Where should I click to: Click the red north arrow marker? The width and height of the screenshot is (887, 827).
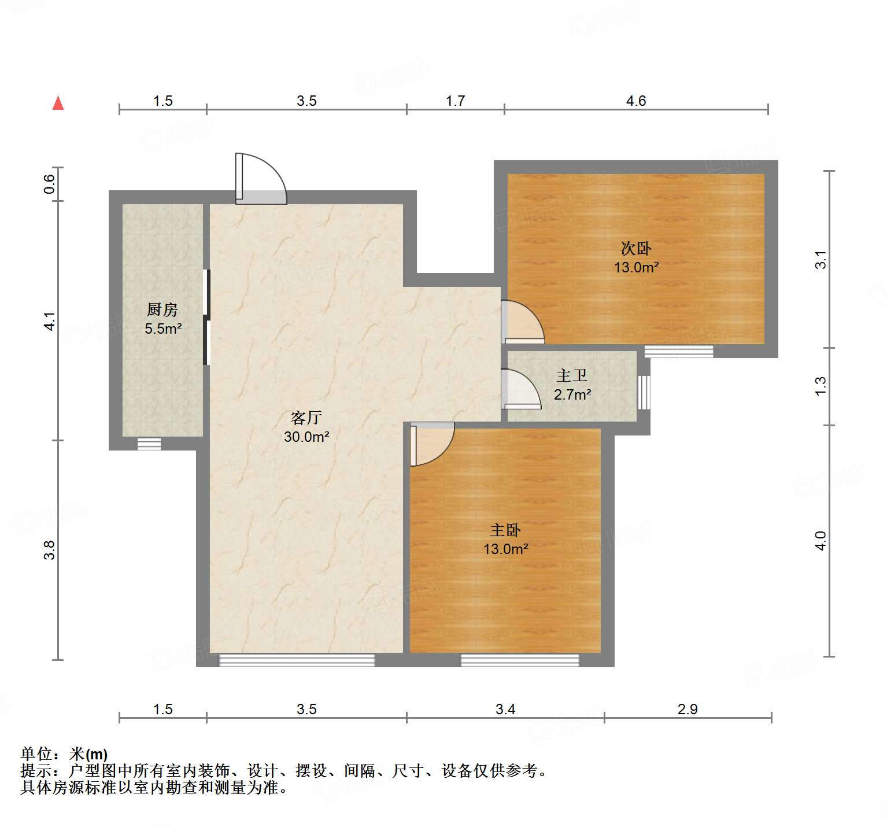(58, 103)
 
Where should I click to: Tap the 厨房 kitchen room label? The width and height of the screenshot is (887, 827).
(162, 310)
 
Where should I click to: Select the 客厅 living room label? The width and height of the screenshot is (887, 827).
(306, 418)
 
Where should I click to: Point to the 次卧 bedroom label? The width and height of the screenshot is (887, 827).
(635, 249)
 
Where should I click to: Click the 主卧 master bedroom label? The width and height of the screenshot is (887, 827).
(505, 530)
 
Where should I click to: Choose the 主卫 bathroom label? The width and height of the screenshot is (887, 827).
(572, 376)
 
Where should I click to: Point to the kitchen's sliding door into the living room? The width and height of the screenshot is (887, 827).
(206, 317)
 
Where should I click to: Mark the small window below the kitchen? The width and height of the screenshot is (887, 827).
(149, 444)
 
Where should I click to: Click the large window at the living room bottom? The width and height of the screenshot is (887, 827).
(297, 660)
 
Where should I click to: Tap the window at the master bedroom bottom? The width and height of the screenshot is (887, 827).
(519, 660)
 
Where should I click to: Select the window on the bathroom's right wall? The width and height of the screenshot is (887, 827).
(643, 393)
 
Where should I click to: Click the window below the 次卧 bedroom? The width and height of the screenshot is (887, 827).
(678, 351)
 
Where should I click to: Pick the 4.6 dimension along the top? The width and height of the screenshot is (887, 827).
(635, 101)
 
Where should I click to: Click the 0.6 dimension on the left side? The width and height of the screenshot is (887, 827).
(50, 184)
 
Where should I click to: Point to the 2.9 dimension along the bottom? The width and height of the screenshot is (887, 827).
(688, 709)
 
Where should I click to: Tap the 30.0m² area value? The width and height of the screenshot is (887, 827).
(306, 437)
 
